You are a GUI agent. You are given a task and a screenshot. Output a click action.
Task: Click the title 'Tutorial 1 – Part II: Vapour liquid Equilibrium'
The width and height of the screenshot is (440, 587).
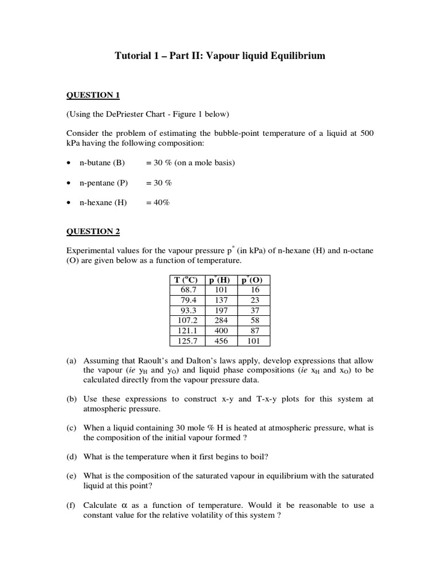tap(220, 56)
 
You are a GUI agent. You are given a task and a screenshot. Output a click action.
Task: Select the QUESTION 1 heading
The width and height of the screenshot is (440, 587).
tap(93, 95)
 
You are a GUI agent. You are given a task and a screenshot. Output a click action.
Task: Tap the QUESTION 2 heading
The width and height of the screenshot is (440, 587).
tap(93, 232)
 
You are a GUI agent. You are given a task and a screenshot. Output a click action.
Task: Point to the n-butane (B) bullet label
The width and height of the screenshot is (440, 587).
tap(102, 162)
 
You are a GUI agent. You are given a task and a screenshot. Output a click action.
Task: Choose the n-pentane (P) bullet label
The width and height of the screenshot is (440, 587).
tap(104, 183)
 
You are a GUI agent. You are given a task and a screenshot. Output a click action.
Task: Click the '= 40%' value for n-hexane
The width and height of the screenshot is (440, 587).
tap(158, 203)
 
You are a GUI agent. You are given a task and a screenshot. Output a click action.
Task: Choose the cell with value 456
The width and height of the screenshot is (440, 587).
tap(221, 341)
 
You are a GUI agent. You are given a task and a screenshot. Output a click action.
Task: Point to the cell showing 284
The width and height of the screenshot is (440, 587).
tap(221, 320)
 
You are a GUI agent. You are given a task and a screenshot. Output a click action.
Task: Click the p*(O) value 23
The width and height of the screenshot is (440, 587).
tap(255, 300)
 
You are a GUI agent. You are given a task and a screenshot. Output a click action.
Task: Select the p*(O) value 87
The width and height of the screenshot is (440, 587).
tap(255, 331)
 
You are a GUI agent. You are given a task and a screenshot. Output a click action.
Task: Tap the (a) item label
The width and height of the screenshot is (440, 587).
tap(72, 361)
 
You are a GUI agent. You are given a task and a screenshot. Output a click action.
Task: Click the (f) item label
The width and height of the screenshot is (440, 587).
tap(72, 505)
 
